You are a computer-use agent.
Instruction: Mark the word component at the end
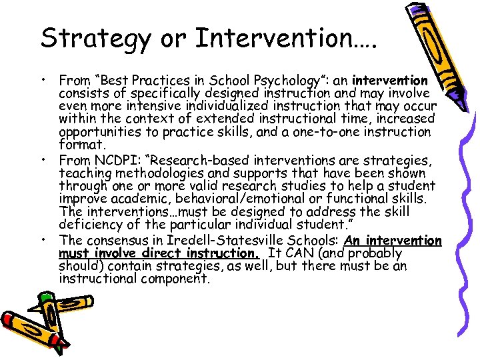(177, 279)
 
